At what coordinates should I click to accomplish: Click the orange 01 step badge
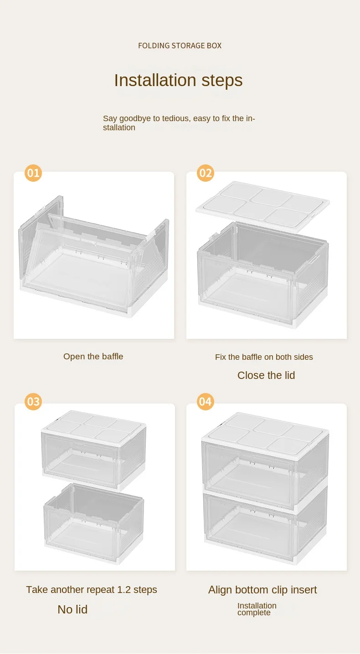pyautogui.click(x=33, y=173)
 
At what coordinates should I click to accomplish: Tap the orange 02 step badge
pyautogui.click(x=206, y=173)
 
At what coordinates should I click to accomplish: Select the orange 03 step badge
pyautogui.click(x=33, y=402)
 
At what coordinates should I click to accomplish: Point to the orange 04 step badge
pyautogui.click(x=206, y=402)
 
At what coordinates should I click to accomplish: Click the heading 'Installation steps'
pyautogui.click(x=178, y=80)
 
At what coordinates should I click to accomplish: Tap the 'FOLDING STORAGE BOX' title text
pyautogui.click(x=180, y=46)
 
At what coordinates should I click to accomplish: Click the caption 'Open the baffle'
pyautogui.click(x=93, y=357)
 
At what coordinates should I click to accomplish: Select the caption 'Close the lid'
pyautogui.click(x=266, y=375)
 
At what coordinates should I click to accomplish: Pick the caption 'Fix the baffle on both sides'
pyautogui.click(x=264, y=357)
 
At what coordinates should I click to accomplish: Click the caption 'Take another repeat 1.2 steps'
pyautogui.click(x=92, y=590)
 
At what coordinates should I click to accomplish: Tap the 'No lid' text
pyautogui.click(x=72, y=609)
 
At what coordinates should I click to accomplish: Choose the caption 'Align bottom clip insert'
pyautogui.click(x=262, y=590)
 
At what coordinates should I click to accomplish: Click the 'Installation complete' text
pyautogui.click(x=257, y=609)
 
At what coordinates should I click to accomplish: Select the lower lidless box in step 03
pyautogui.click(x=94, y=524)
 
